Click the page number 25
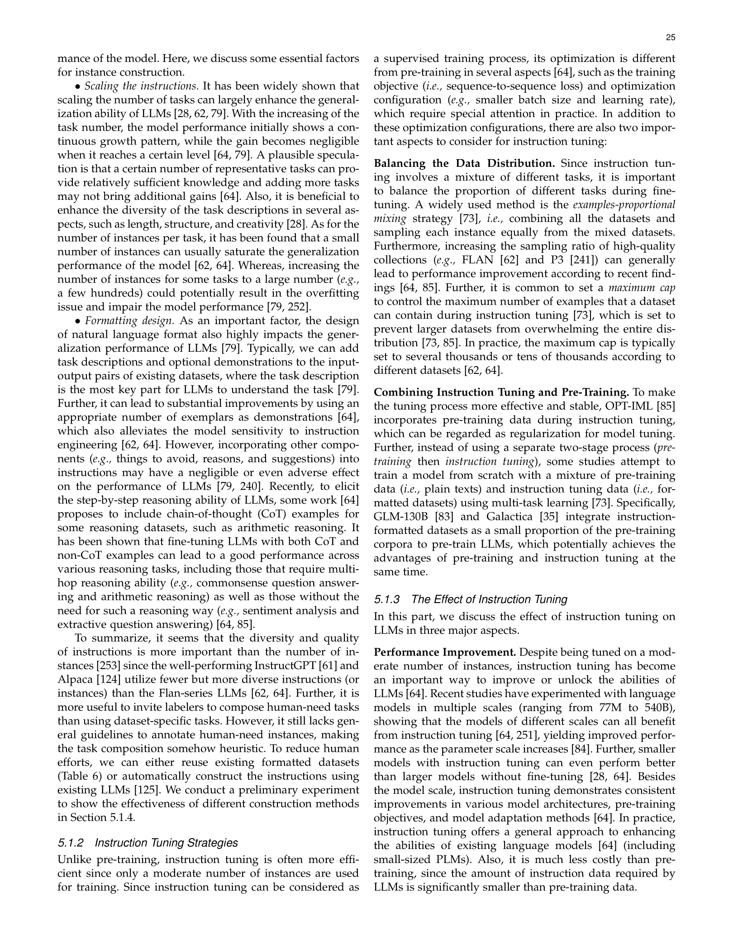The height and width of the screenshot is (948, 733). pos(670,38)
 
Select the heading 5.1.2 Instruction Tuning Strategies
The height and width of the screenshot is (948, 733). pos(148,843)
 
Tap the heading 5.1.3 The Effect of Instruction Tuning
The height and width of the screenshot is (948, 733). pos(471,599)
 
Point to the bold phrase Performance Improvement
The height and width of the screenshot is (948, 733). pos(445,652)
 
